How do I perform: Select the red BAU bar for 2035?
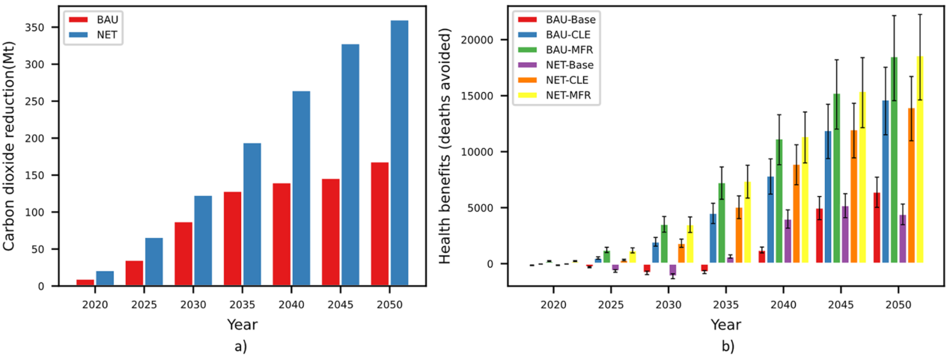[x=232, y=239]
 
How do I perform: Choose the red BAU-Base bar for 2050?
[x=877, y=228]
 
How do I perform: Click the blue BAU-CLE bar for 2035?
[x=713, y=239]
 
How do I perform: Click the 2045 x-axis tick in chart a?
[x=340, y=305]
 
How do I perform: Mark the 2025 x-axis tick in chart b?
[x=611, y=305]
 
